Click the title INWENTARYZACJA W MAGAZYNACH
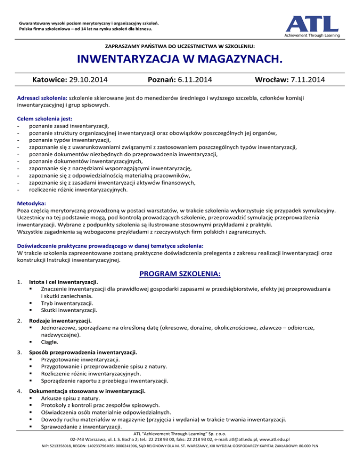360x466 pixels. pos(180,60)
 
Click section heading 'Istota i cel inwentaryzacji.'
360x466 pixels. pos(63,282)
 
